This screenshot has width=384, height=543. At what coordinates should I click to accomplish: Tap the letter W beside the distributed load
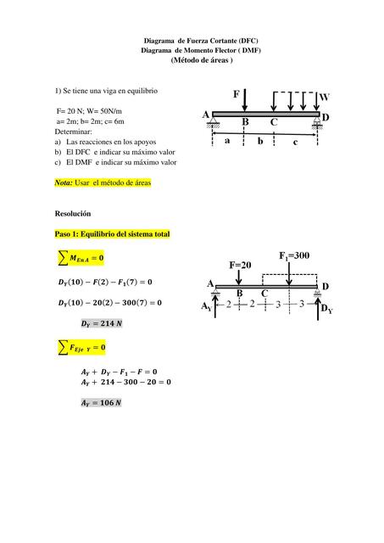pyautogui.click(x=325, y=98)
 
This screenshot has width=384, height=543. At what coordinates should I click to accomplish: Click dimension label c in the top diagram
pyautogui.click(x=295, y=143)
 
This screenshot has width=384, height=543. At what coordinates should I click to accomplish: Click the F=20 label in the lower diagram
pyautogui.click(x=241, y=265)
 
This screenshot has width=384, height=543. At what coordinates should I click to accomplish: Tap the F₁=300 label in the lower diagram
pyautogui.click(x=294, y=255)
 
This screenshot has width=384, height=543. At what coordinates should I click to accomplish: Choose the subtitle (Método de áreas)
pyautogui.click(x=201, y=61)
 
